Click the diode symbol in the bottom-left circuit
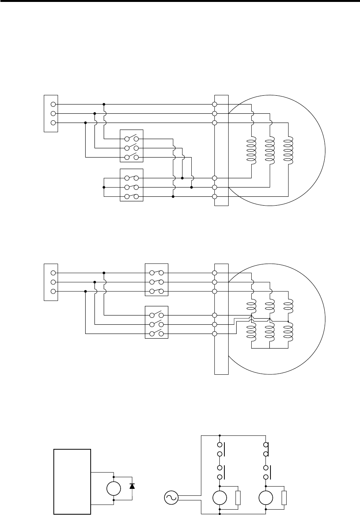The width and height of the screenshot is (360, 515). tap(132, 486)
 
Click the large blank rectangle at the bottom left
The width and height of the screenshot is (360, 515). tap(72, 481)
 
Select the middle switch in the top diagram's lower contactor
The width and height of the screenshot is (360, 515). tap(132, 188)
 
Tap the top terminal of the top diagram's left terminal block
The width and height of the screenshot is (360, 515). tap(53, 104)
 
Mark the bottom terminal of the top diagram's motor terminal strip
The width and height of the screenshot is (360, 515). tap(215, 197)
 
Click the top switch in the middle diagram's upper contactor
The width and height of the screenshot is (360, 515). tap(156, 273)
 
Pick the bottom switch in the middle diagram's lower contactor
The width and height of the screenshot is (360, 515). tap(156, 334)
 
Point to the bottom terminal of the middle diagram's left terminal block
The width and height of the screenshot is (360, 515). tap(53, 291)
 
